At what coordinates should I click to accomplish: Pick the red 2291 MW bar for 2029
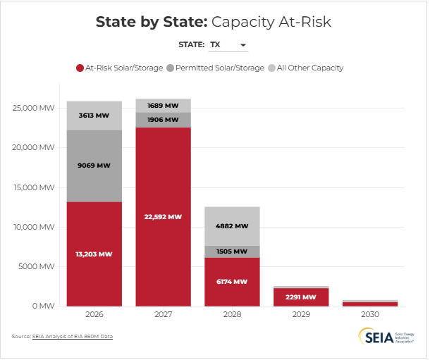300,298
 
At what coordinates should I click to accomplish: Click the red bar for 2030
369,304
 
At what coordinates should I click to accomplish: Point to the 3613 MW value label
94,114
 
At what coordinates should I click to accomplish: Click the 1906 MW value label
163,120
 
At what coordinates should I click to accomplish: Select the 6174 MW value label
232,281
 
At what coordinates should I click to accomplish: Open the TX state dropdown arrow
243,45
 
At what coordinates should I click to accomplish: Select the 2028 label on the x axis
232,314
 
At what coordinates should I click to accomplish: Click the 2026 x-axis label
94,314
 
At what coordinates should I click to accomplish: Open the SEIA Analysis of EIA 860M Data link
73,337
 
